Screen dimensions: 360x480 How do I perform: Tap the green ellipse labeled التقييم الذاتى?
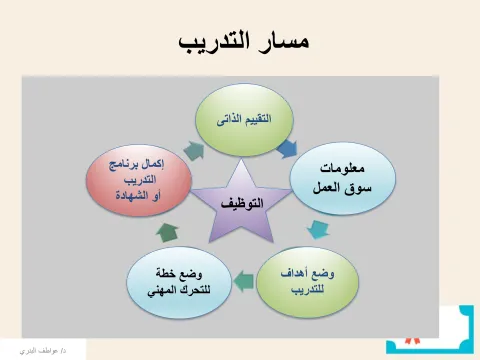240,119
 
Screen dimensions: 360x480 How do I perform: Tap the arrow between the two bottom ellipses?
240,275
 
